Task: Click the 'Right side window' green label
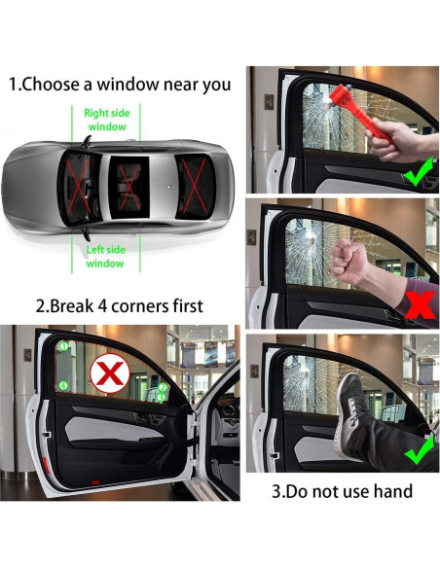pos(107,120)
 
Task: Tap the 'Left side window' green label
pos(105,257)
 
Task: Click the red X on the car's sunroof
pos(129,187)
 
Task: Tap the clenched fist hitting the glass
pos(348,262)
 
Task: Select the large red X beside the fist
pos(421,305)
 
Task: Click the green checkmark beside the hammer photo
pos(419,172)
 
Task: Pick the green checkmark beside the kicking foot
pos(420,450)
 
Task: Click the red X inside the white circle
pos(110,373)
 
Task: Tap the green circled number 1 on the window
pos(64,346)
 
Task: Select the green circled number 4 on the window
pos(64,386)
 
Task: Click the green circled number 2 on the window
pos(163,387)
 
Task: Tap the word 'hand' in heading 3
pos(393,491)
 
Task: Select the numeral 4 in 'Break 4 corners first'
pos(102,306)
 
